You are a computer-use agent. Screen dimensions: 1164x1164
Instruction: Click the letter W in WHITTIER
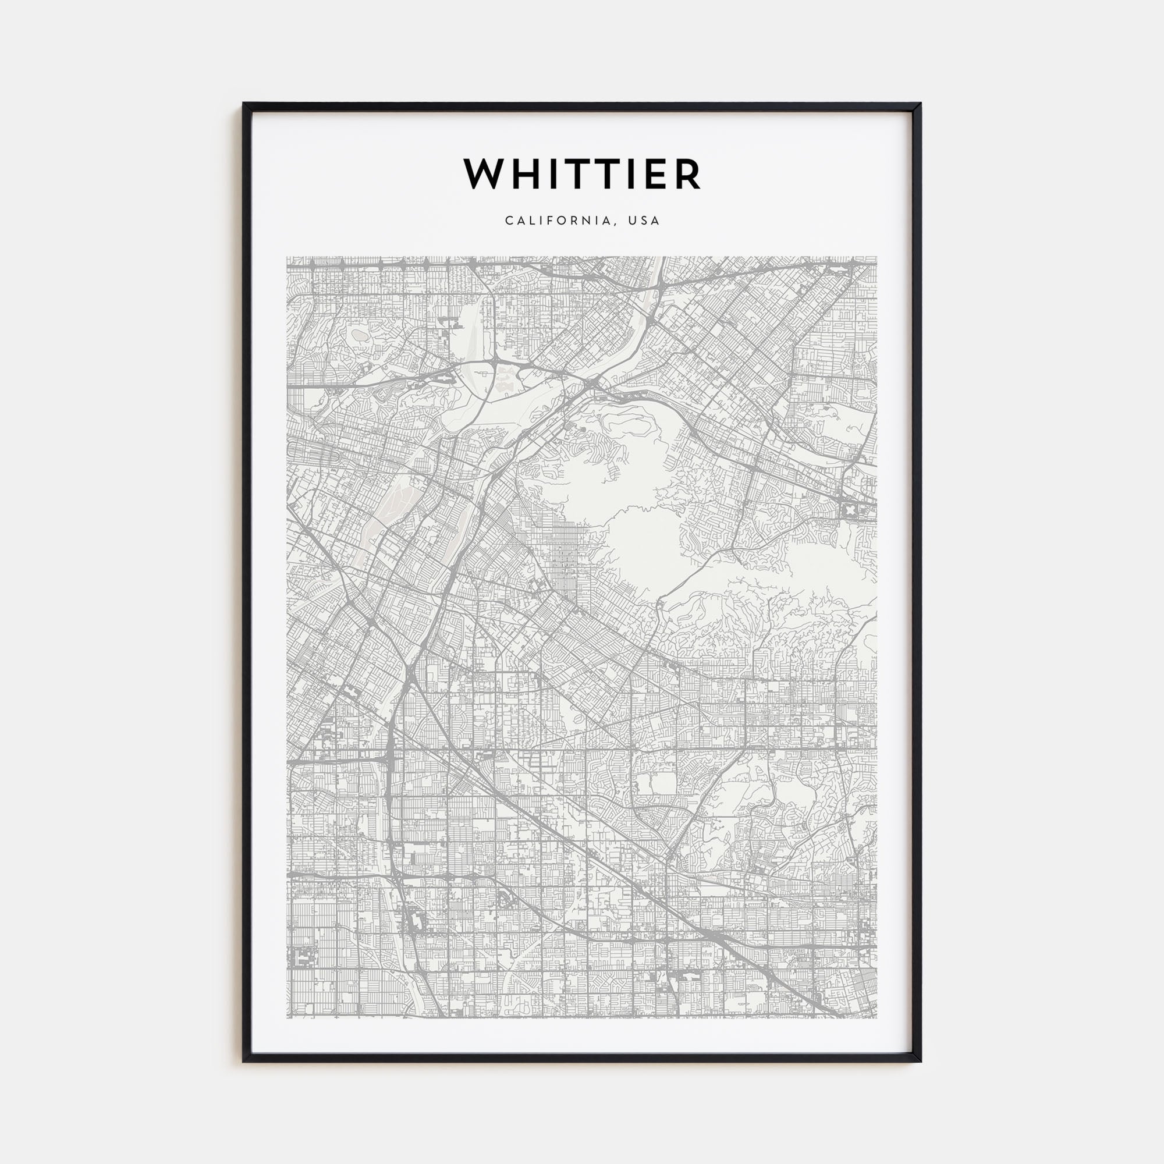(x=483, y=174)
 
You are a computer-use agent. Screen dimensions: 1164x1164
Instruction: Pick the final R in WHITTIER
(x=689, y=174)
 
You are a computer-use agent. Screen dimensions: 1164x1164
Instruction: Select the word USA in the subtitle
(x=644, y=221)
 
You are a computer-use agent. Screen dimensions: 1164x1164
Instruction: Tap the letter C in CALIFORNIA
(x=509, y=221)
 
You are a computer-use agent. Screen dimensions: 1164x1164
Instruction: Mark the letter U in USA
(x=632, y=221)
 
